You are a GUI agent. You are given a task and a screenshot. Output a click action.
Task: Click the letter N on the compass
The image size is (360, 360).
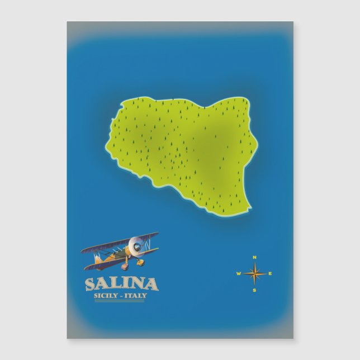pyautogui.click(x=254, y=257)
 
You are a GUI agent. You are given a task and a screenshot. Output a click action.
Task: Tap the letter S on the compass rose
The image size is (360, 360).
pyautogui.click(x=254, y=290)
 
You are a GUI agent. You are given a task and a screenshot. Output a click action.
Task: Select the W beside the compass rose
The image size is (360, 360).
pyautogui.click(x=238, y=274)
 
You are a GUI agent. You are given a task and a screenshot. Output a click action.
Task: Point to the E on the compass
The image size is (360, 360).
pyautogui.click(x=271, y=274)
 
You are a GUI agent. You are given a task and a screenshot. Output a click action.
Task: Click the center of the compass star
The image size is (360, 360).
pyautogui.click(x=254, y=274)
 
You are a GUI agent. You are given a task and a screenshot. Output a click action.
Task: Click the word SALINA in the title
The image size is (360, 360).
pyautogui.click(x=121, y=285)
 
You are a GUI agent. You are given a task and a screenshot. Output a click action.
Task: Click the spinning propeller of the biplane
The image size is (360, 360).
pyautogui.click(x=134, y=244)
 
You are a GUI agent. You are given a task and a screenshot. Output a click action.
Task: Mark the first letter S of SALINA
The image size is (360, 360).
pyautogui.click(x=91, y=285)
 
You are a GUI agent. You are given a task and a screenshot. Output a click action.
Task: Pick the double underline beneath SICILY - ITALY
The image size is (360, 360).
pyautogui.click(x=121, y=301)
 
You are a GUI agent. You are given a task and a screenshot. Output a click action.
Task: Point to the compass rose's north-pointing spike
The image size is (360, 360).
pyautogui.click(x=254, y=265)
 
